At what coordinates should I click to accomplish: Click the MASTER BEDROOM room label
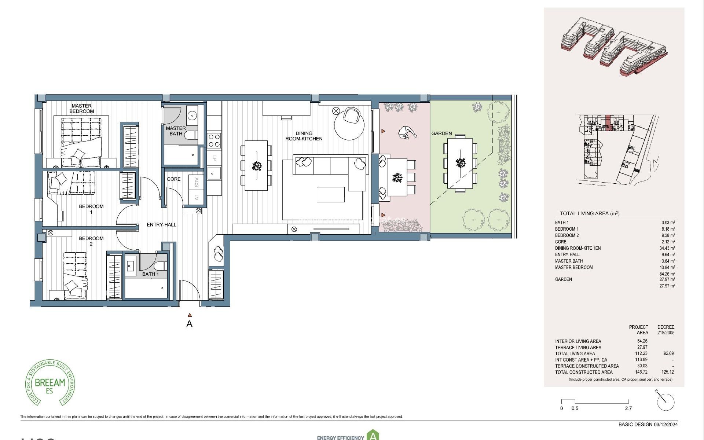point(81,109)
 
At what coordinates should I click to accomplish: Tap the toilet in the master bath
point(191,136)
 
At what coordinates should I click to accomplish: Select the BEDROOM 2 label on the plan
point(91,241)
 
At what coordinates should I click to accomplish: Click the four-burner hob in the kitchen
point(214,140)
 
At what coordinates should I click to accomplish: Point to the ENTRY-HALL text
point(161,225)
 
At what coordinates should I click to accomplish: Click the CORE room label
point(173,179)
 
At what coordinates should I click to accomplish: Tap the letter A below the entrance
point(189,324)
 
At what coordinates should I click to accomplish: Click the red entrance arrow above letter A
point(190,315)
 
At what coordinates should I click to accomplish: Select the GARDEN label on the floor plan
point(441,133)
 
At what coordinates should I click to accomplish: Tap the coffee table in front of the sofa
point(330,194)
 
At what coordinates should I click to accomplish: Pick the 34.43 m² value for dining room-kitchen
point(667,248)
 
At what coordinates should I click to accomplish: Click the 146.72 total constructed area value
point(641,372)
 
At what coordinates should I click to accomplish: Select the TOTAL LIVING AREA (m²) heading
point(589,213)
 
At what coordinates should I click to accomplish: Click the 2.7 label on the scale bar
point(628,408)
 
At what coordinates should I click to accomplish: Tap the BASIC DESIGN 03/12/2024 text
point(648,425)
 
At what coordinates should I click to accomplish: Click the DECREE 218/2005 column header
point(665,330)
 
